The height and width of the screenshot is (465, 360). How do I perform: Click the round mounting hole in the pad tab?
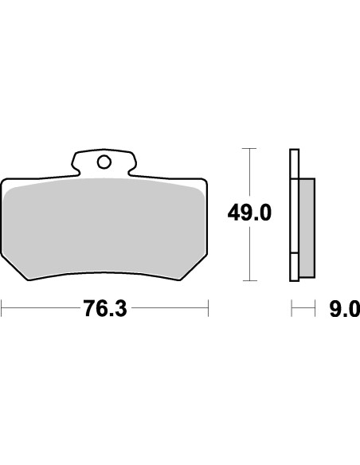point(104,162)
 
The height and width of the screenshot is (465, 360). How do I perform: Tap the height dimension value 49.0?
point(251,214)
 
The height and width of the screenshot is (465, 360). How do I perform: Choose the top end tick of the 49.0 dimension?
point(250,149)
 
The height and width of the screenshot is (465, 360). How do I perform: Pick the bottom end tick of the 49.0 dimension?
point(250,280)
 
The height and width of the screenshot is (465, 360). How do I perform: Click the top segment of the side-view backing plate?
point(294,163)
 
